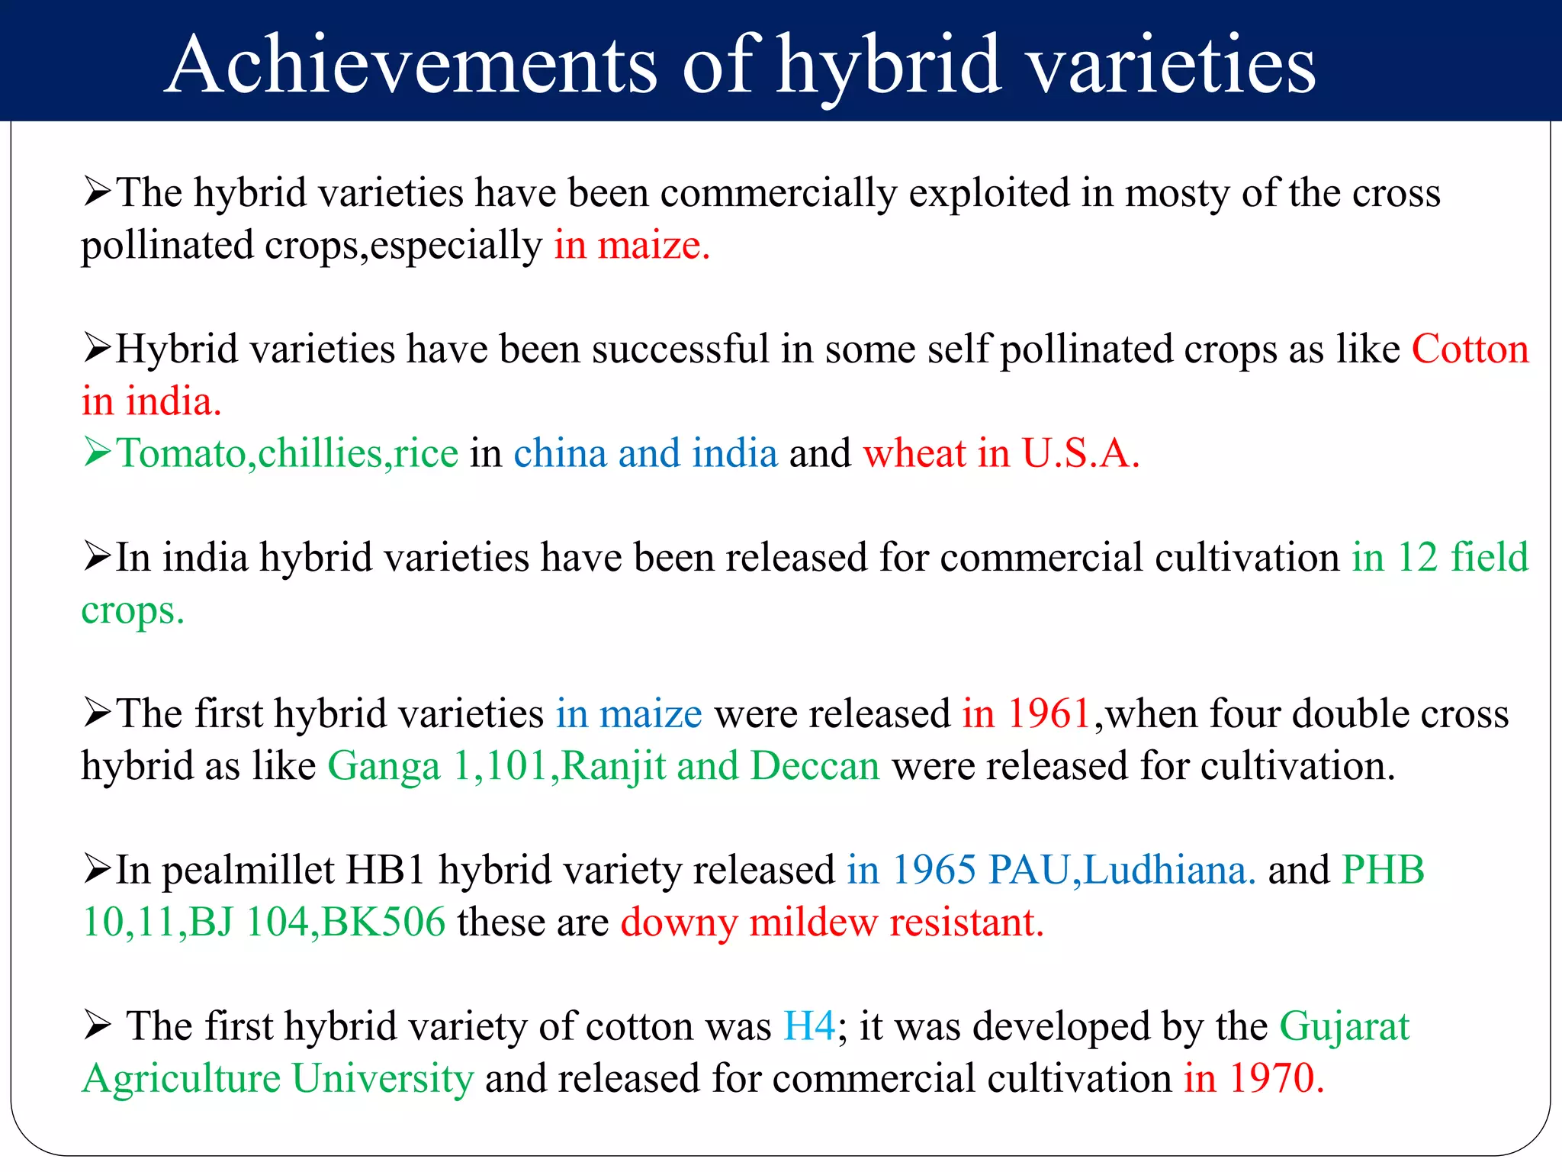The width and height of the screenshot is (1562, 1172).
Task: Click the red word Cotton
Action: [1470, 349]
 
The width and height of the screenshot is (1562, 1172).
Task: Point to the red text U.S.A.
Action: [1080, 453]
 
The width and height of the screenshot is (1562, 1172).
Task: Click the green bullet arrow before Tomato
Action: [98, 452]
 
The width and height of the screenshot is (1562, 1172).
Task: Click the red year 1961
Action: [1049, 714]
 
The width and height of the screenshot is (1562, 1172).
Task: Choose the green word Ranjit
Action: [613, 766]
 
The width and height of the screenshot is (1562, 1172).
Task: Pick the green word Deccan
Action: [815, 766]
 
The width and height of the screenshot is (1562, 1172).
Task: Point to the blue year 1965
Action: [934, 870]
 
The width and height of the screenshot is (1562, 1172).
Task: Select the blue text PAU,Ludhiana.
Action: [1121, 871]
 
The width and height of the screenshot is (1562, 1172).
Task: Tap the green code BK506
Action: [384, 922]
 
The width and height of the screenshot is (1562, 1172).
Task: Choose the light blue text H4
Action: [809, 1026]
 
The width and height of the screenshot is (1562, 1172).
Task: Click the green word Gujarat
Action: [1344, 1026]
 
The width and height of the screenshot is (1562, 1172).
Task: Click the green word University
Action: [383, 1079]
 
